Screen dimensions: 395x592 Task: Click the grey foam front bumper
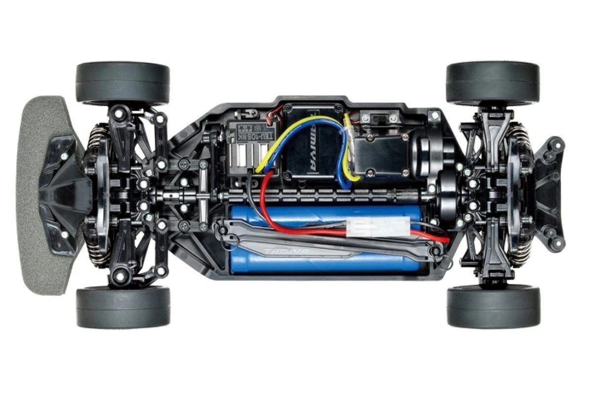click(37, 197)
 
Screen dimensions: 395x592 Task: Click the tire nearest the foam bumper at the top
click(123, 82)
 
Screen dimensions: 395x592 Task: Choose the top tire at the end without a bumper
click(492, 82)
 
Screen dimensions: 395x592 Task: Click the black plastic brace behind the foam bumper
click(62, 193)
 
